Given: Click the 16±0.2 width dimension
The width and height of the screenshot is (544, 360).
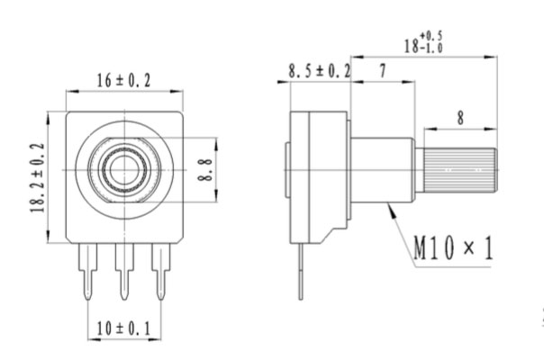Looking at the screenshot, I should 124,81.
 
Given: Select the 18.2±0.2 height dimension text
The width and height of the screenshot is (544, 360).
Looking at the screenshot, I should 37,177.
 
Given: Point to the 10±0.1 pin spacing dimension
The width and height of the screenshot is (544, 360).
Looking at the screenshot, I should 124,330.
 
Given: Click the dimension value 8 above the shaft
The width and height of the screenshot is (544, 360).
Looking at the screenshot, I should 461,117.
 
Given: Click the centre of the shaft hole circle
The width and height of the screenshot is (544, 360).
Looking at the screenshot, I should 124,168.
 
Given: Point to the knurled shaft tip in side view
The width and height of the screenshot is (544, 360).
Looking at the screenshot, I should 461,168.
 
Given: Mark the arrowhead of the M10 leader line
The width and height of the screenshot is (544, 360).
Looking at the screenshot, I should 388,207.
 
